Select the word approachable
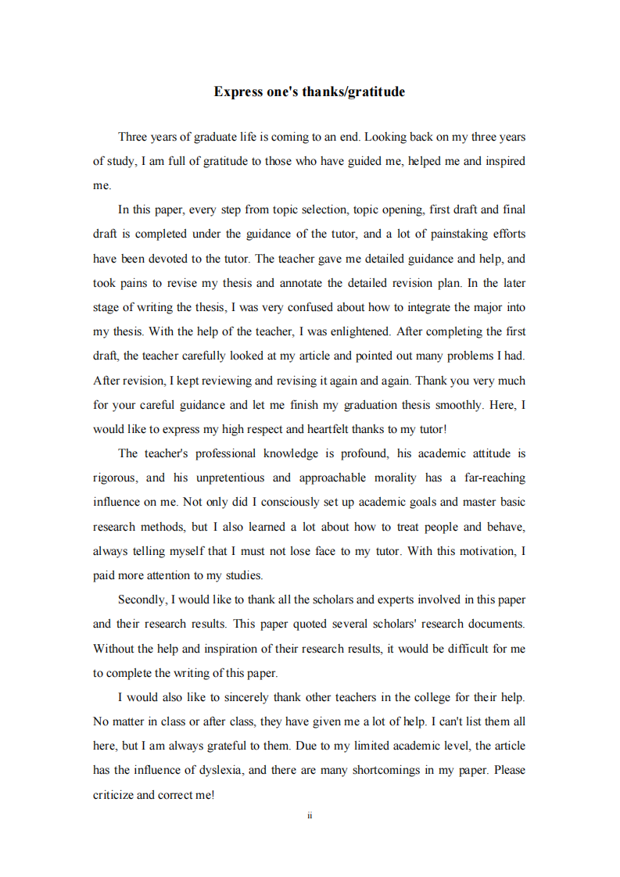pyautogui.click(x=335, y=478)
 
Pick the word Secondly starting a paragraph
pyautogui.click(x=142, y=600)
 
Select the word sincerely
pyautogui.click(x=239, y=697)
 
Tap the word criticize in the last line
pyautogui.click(x=115, y=795)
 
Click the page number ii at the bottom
pyautogui.click(x=310, y=815)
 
